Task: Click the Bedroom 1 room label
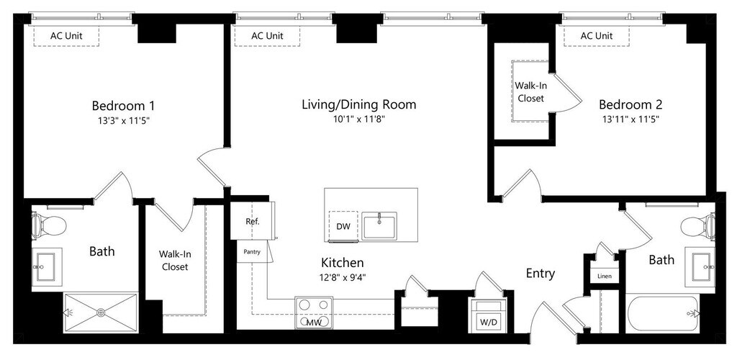click(x=123, y=105)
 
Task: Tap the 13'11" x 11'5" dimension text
click(x=630, y=120)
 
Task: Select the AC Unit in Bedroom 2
click(x=597, y=36)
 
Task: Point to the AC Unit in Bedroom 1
click(x=66, y=36)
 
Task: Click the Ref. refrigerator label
click(x=253, y=221)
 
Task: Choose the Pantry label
click(x=252, y=252)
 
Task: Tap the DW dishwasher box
click(x=343, y=227)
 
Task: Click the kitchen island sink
click(x=379, y=225)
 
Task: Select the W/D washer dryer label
click(x=487, y=323)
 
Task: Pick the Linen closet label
click(x=605, y=276)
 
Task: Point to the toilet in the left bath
click(x=48, y=226)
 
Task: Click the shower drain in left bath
click(x=101, y=312)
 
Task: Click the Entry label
click(x=540, y=274)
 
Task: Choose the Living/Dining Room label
click(x=359, y=104)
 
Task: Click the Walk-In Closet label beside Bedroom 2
click(x=530, y=92)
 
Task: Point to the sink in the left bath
click(x=47, y=266)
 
